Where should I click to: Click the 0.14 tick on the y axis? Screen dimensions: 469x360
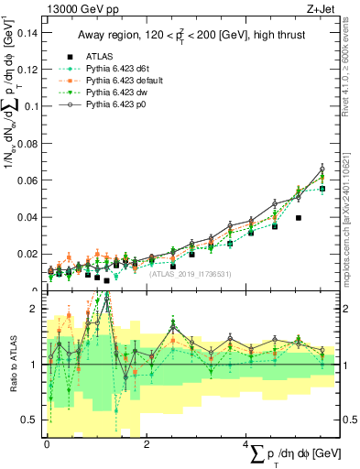[27, 32]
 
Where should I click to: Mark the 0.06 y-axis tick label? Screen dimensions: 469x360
[27, 180]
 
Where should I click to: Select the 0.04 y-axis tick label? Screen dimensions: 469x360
[27, 217]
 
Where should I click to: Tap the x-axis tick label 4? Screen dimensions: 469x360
[246, 443]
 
